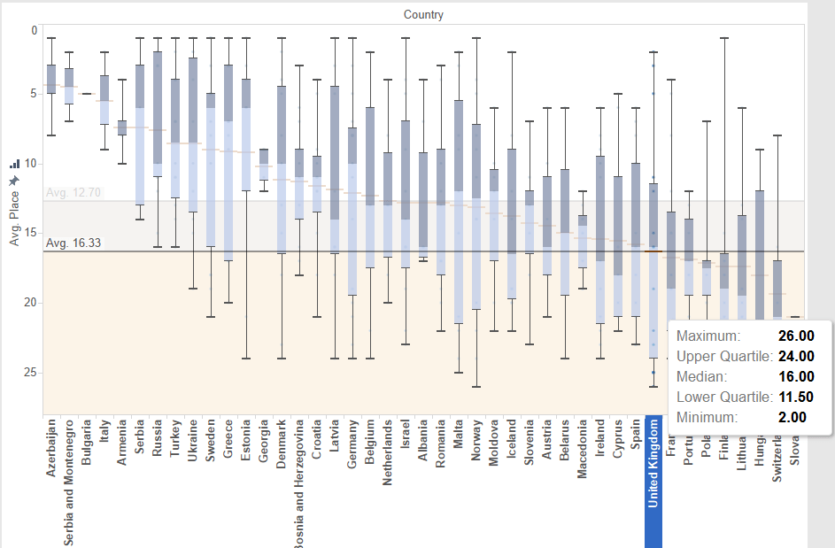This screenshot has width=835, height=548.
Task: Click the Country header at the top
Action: (423, 14)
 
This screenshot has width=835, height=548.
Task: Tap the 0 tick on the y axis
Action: (35, 30)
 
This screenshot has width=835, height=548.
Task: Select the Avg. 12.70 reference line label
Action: (69, 192)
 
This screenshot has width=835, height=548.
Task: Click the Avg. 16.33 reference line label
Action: (69, 243)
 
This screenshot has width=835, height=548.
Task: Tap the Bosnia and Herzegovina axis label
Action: (299, 482)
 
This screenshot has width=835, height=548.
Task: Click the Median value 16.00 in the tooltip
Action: (796, 376)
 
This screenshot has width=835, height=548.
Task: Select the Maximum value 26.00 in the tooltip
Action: (796, 336)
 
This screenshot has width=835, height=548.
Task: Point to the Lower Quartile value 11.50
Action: (796, 397)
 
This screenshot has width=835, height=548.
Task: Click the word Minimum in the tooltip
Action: (707, 417)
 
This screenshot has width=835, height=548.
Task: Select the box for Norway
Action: (476, 217)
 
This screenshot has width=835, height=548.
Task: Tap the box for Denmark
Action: (282, 168)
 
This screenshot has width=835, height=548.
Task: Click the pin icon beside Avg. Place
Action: (14, 181)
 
